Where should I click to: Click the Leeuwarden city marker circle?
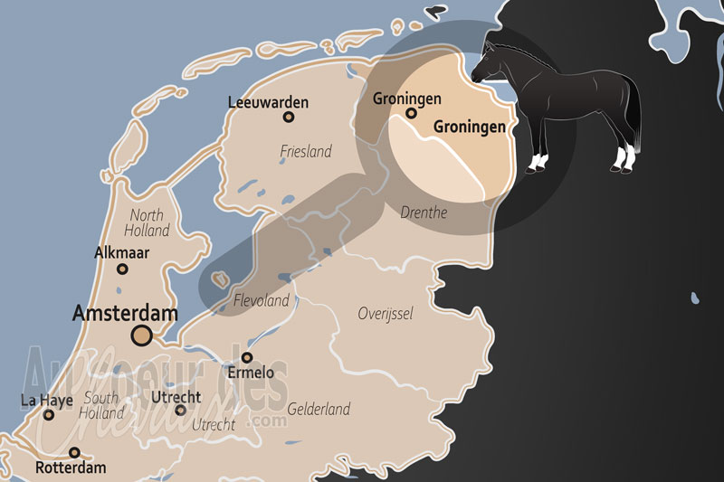(x=289, y=117)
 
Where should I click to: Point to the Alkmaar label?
(x=122, y=252)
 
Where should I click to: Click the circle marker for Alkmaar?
(x=122, y=269)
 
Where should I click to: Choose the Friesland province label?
(x=306, y=151)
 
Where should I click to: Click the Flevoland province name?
(x=261, y=300)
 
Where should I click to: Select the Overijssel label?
(x=385, y=314)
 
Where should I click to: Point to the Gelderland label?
(x=319, y=409)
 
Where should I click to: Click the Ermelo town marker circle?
(x=247, y=357)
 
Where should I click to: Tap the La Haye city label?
(x=46, y=400)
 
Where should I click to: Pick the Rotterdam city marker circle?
(x=74, y=453)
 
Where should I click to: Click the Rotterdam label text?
(x=71, y=468)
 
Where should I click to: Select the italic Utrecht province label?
(x=214, y=424)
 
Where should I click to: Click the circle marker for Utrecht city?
(x=180, y=411)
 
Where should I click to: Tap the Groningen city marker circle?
(x=411, y=114)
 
